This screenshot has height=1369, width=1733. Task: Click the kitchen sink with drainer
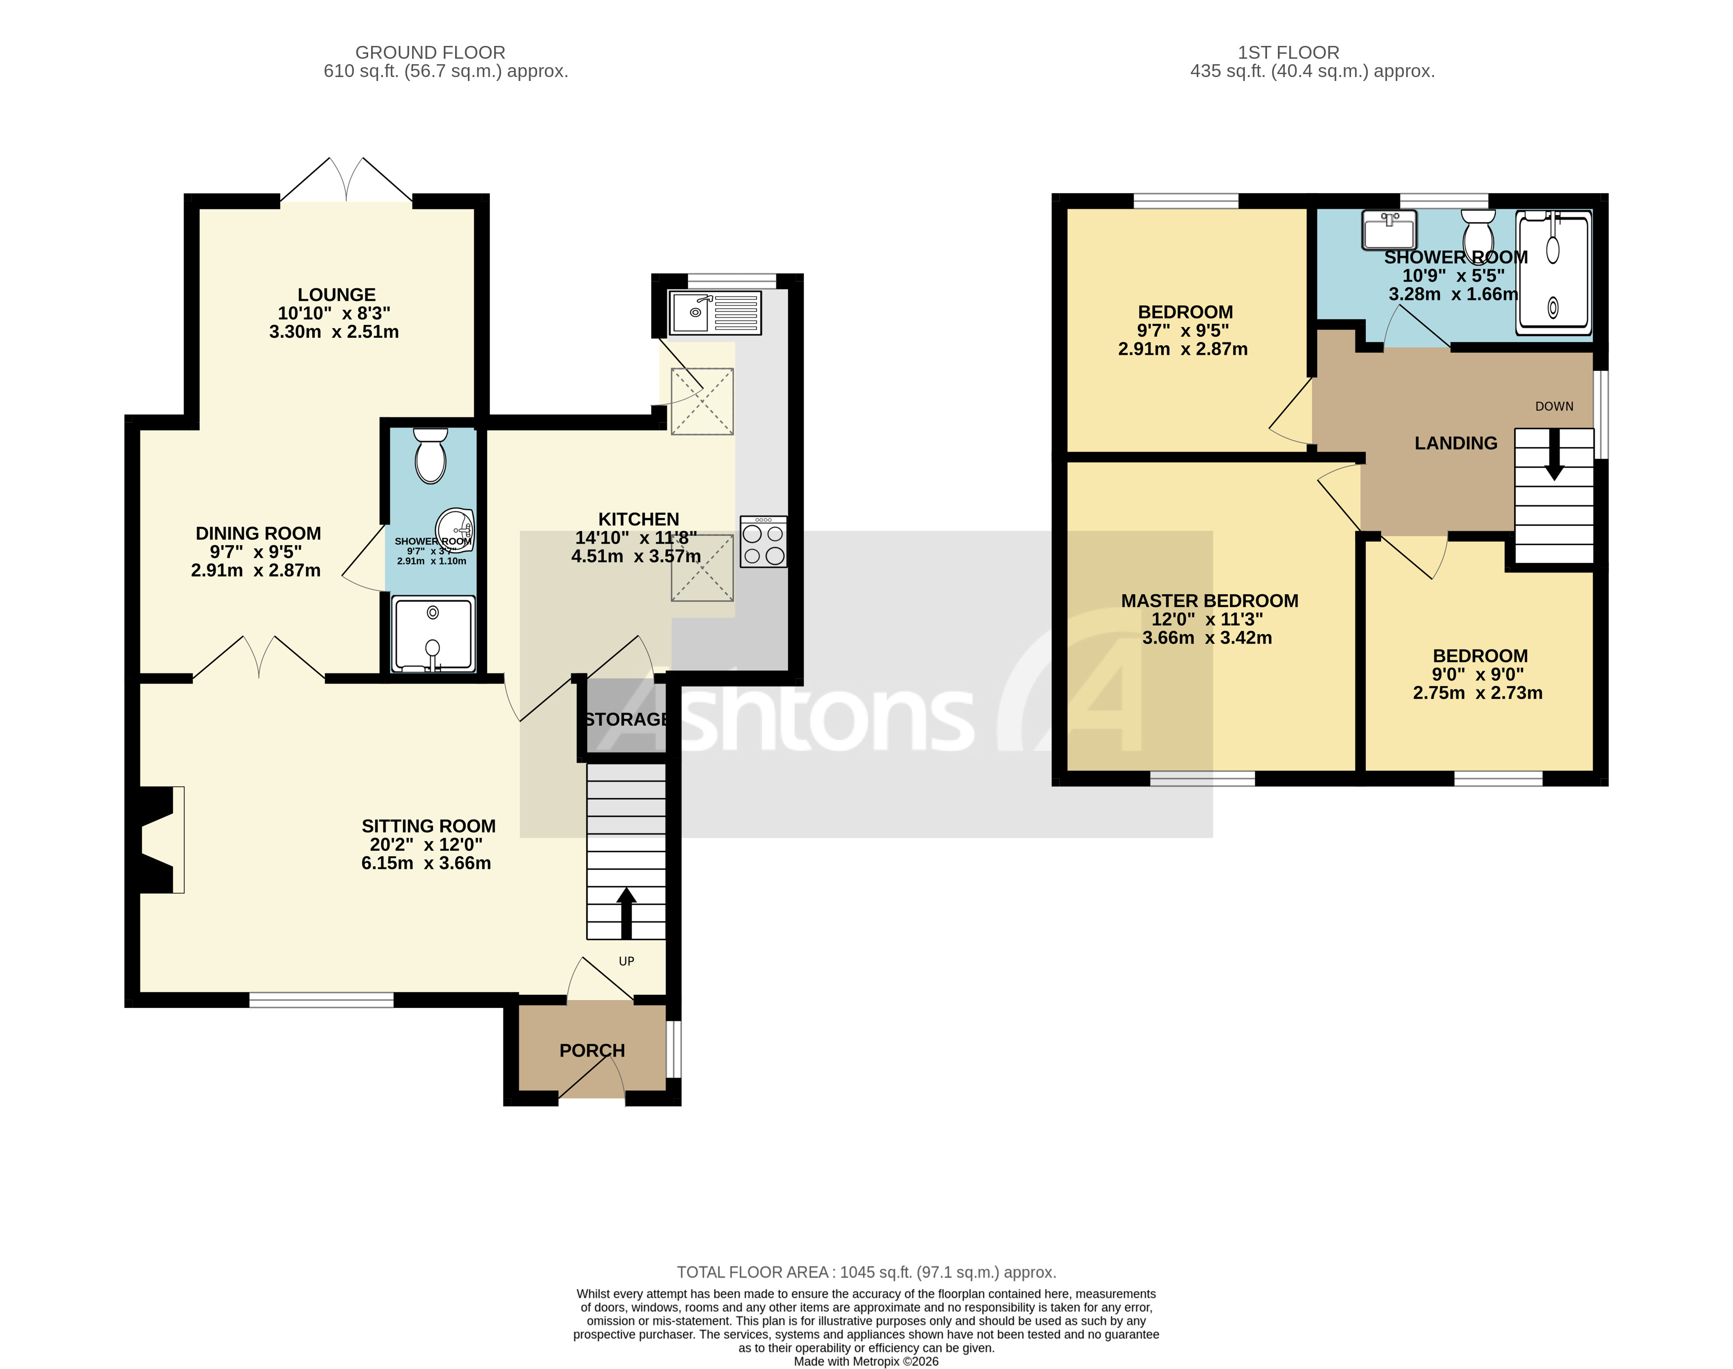tap(715, 313)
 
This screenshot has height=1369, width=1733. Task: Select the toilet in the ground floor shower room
tap(430, 456)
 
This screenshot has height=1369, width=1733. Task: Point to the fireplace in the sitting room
tap(159, 839)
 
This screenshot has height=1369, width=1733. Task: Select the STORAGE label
tap(626, 720)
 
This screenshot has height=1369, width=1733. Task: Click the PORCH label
tap(592, 1050)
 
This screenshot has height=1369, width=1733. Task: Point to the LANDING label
tap(1455, 443)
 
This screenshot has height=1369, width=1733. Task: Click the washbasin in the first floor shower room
tap(1389, 230)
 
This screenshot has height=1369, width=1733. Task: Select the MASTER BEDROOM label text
tap(1209, 601)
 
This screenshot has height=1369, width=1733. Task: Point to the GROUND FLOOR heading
tap(430, 52)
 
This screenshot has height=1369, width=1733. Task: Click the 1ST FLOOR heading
tap(1288, 52)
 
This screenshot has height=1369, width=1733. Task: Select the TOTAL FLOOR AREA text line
tap(866, 1272)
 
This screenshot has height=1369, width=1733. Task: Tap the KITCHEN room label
tap(638, 520)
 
